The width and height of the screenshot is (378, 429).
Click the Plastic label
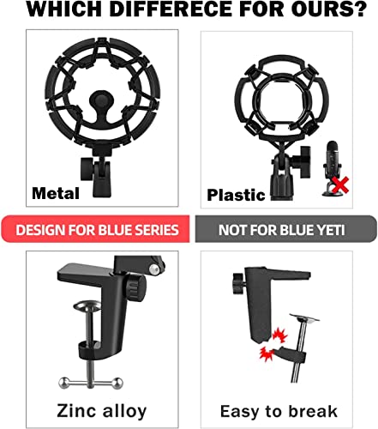[236, 195]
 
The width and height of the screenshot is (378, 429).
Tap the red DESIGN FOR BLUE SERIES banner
[98, 229]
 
